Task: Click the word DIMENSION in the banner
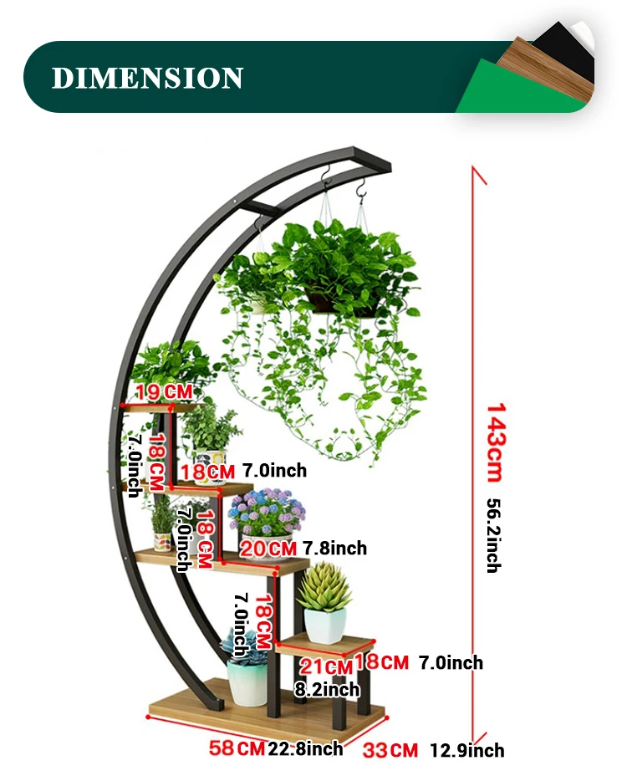(x=147, y=78)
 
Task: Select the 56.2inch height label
(x=494, y=535)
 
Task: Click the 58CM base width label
(x=237, y=748)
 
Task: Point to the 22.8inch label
(x=305, y=748)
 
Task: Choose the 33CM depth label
(x=390, y=750)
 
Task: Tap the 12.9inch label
(x=467, y=750)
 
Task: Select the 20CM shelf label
(x=268, y=549)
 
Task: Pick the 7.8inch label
(x=334, y=549)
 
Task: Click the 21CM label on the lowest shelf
(x=327, y=667)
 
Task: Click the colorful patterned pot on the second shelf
(x=211, y=467)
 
